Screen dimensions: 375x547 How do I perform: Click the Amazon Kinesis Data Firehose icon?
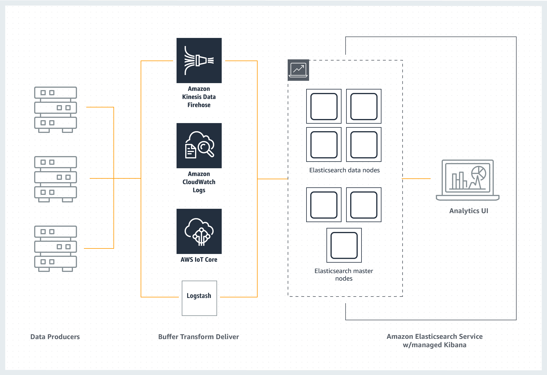pyautogui.click(x=199, y=61)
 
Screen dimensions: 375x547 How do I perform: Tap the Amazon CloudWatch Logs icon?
pyautogui.click(x=199, y=146)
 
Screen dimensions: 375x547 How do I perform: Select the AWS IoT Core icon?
pyautogui.click(x=199, y=231)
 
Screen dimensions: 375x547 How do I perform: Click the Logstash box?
pyautogui.click(x=199, y=298)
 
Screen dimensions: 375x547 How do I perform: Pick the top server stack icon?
pyautogui.click(x=56, y=109)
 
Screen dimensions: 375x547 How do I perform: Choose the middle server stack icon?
pyautogui.click(x=56, y=179)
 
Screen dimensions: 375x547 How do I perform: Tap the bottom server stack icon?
pyautogui.click(x=56, y=248)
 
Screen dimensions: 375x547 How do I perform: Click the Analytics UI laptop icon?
pyautogui.click(x=467, y=180)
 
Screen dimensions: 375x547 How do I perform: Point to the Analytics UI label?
pyautogui.click(x=469, y=211)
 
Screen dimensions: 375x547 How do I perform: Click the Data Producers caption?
pyautogui.click(x=55, y=337)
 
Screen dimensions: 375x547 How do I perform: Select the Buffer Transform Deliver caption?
pyautogui.click(x=199, y=337)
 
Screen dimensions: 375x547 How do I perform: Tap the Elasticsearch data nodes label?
pyautogui.click(x=344, y=170)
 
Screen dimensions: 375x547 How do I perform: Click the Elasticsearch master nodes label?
pyautogui.click(x=344, y=275)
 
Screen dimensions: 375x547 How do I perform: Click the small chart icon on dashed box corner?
pyautogui.click(x=298, y=70)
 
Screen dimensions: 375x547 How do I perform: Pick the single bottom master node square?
pyautogui.click(x=344, y=245)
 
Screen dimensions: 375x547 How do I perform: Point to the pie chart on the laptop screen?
pyautogui.click(x=479, y=173)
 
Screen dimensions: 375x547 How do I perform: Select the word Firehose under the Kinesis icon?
pyautogui.click(x=199, y=105)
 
